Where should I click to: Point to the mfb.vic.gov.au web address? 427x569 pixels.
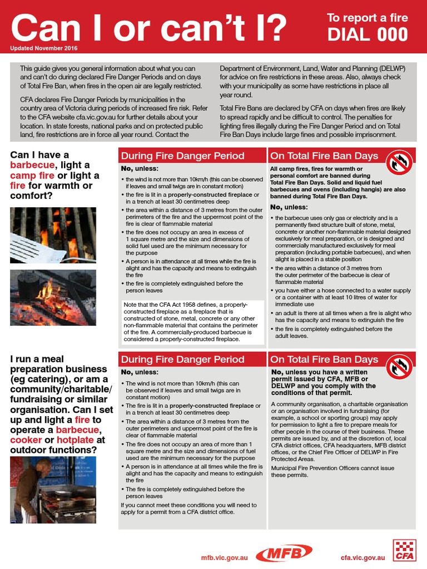point(224,556)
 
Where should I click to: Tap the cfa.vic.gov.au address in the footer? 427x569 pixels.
point(363,556)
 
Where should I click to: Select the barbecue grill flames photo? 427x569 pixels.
point(53,234)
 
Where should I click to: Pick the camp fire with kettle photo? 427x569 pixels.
point(53,297)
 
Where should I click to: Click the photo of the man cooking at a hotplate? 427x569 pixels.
point(53,490)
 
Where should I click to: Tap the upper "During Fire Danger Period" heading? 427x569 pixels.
point(182,156)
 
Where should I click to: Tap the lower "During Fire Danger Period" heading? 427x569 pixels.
point(182,360)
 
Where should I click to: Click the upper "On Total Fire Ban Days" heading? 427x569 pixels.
point(324,156)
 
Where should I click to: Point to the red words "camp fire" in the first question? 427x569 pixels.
point(33,176)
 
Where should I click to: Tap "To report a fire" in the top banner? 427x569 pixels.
point(367,18)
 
